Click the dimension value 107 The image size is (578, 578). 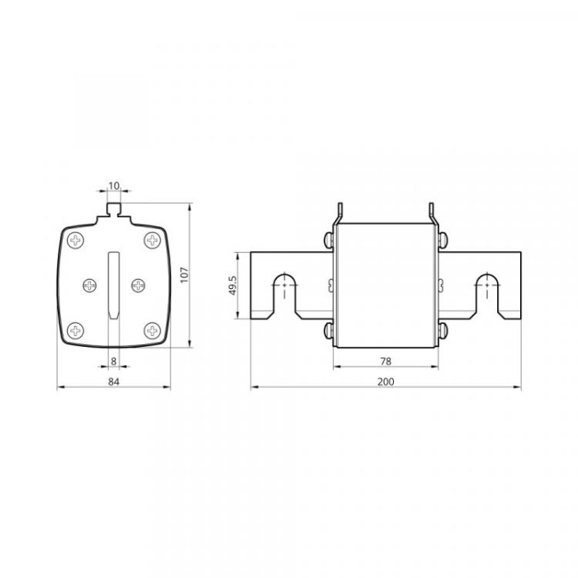(185, 275)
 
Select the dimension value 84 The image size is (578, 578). (114, 381)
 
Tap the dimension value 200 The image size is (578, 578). (386, 381)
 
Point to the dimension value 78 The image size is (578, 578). (386, 362)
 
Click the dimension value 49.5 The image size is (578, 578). (233, 286)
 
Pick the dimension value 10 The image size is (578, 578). (114, 186)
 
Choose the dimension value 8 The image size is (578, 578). (114, 362)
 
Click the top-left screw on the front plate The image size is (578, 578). (76, 240)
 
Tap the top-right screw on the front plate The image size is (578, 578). (152, 240)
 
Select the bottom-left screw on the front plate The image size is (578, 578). (76, 330)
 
